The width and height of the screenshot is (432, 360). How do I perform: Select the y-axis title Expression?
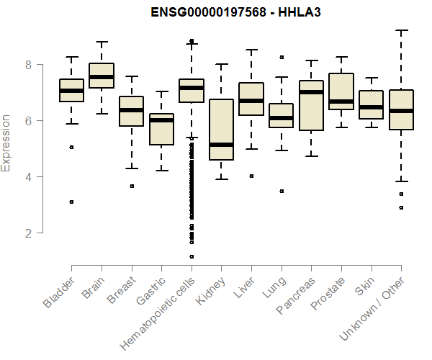(6, 143)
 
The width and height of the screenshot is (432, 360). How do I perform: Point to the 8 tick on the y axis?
(29, 64)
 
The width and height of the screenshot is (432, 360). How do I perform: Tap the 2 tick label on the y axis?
(29, 233)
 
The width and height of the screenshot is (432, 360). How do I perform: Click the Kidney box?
(221, 130)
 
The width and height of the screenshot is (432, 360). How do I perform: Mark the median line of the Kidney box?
(221, 145)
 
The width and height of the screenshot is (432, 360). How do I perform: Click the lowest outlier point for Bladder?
(71, 202)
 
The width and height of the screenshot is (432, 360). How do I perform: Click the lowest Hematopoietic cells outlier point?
(192, 256)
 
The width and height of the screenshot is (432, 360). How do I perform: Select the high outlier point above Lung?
(282, 57)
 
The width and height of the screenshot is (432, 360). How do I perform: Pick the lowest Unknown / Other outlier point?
(401, 207)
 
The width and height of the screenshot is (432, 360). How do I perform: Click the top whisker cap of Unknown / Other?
(401, 30)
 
